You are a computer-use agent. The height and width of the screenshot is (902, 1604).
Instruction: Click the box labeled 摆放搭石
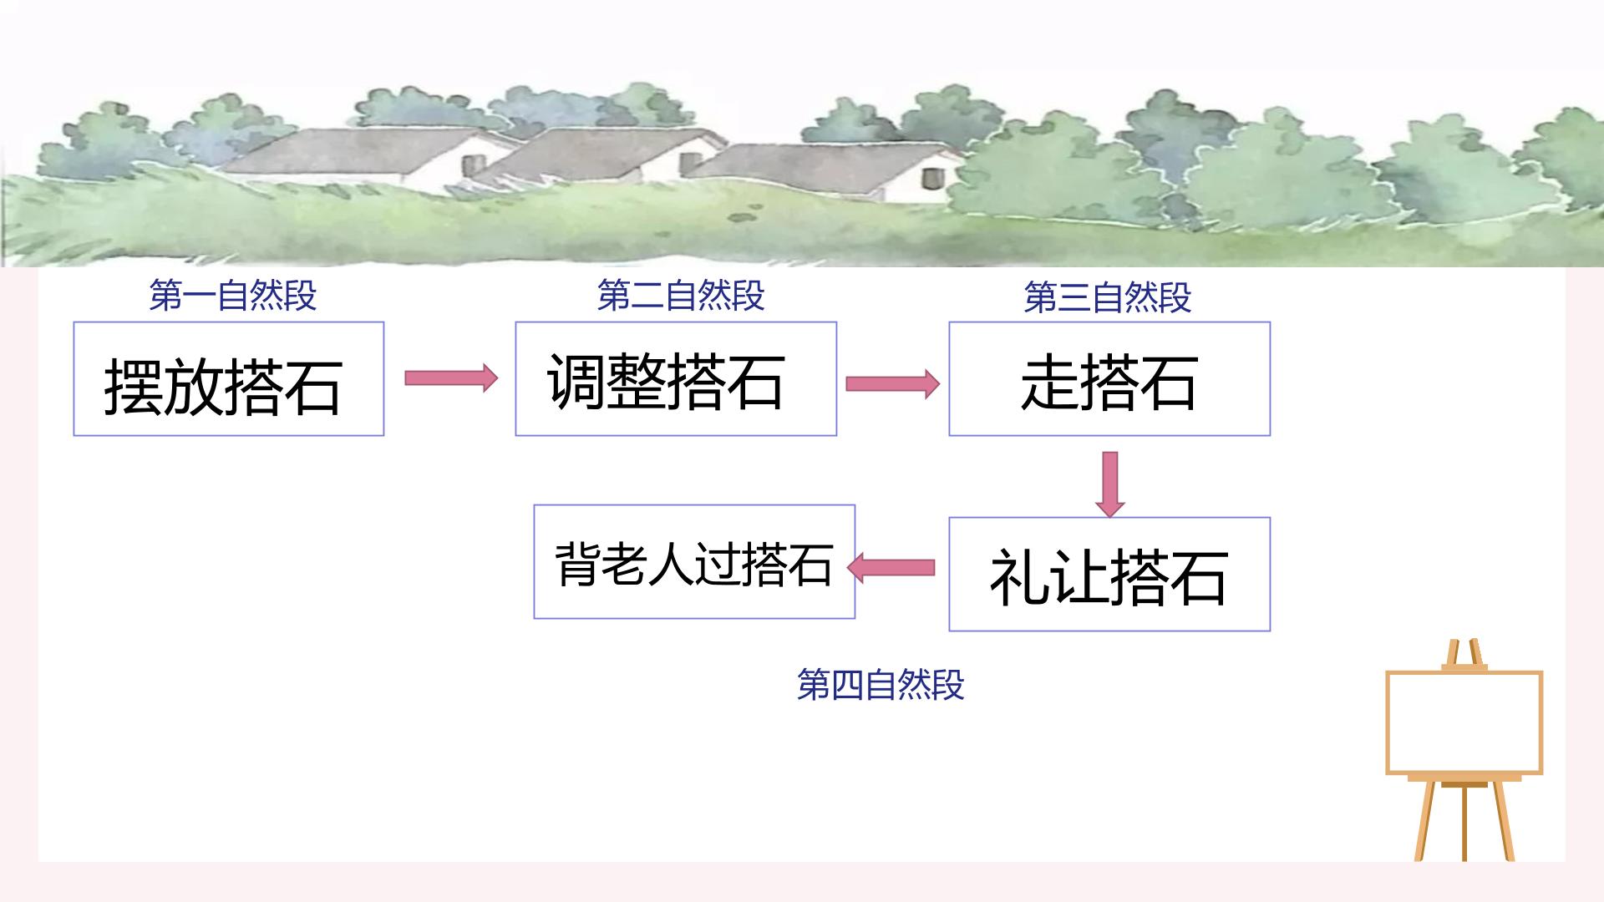coord(228,378)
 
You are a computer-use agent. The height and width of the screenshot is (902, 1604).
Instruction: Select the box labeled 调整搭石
coord(676,378)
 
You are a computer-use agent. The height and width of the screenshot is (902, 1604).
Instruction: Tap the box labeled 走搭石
coord(1109,378)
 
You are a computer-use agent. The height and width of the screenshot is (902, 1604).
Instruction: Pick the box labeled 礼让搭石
coord(1109,574)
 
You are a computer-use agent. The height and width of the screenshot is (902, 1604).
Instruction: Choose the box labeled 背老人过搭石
coord(694,561)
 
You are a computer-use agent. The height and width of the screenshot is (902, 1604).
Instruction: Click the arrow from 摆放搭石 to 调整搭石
coord(451,378)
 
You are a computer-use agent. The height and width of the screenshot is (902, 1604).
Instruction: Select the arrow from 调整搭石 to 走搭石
coord(892,383)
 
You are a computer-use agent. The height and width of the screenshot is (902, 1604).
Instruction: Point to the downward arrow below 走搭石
coord(1109,484)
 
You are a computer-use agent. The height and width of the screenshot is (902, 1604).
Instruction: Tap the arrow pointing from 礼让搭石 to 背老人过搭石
coord(891,569)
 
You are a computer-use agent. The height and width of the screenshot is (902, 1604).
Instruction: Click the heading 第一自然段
coord(233,296)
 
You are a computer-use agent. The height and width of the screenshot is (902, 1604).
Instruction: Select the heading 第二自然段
coord(681,296)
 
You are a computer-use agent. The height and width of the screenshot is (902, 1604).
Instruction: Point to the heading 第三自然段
coord(1108,297)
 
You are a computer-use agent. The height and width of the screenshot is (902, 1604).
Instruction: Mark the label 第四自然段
coord(881,685)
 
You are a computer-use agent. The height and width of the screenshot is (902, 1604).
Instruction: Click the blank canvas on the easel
coord(1464,723)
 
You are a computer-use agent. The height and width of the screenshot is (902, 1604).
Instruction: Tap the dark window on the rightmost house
coord(931,178)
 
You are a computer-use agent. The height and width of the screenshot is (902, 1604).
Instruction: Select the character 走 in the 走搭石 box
coord(1049,383)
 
